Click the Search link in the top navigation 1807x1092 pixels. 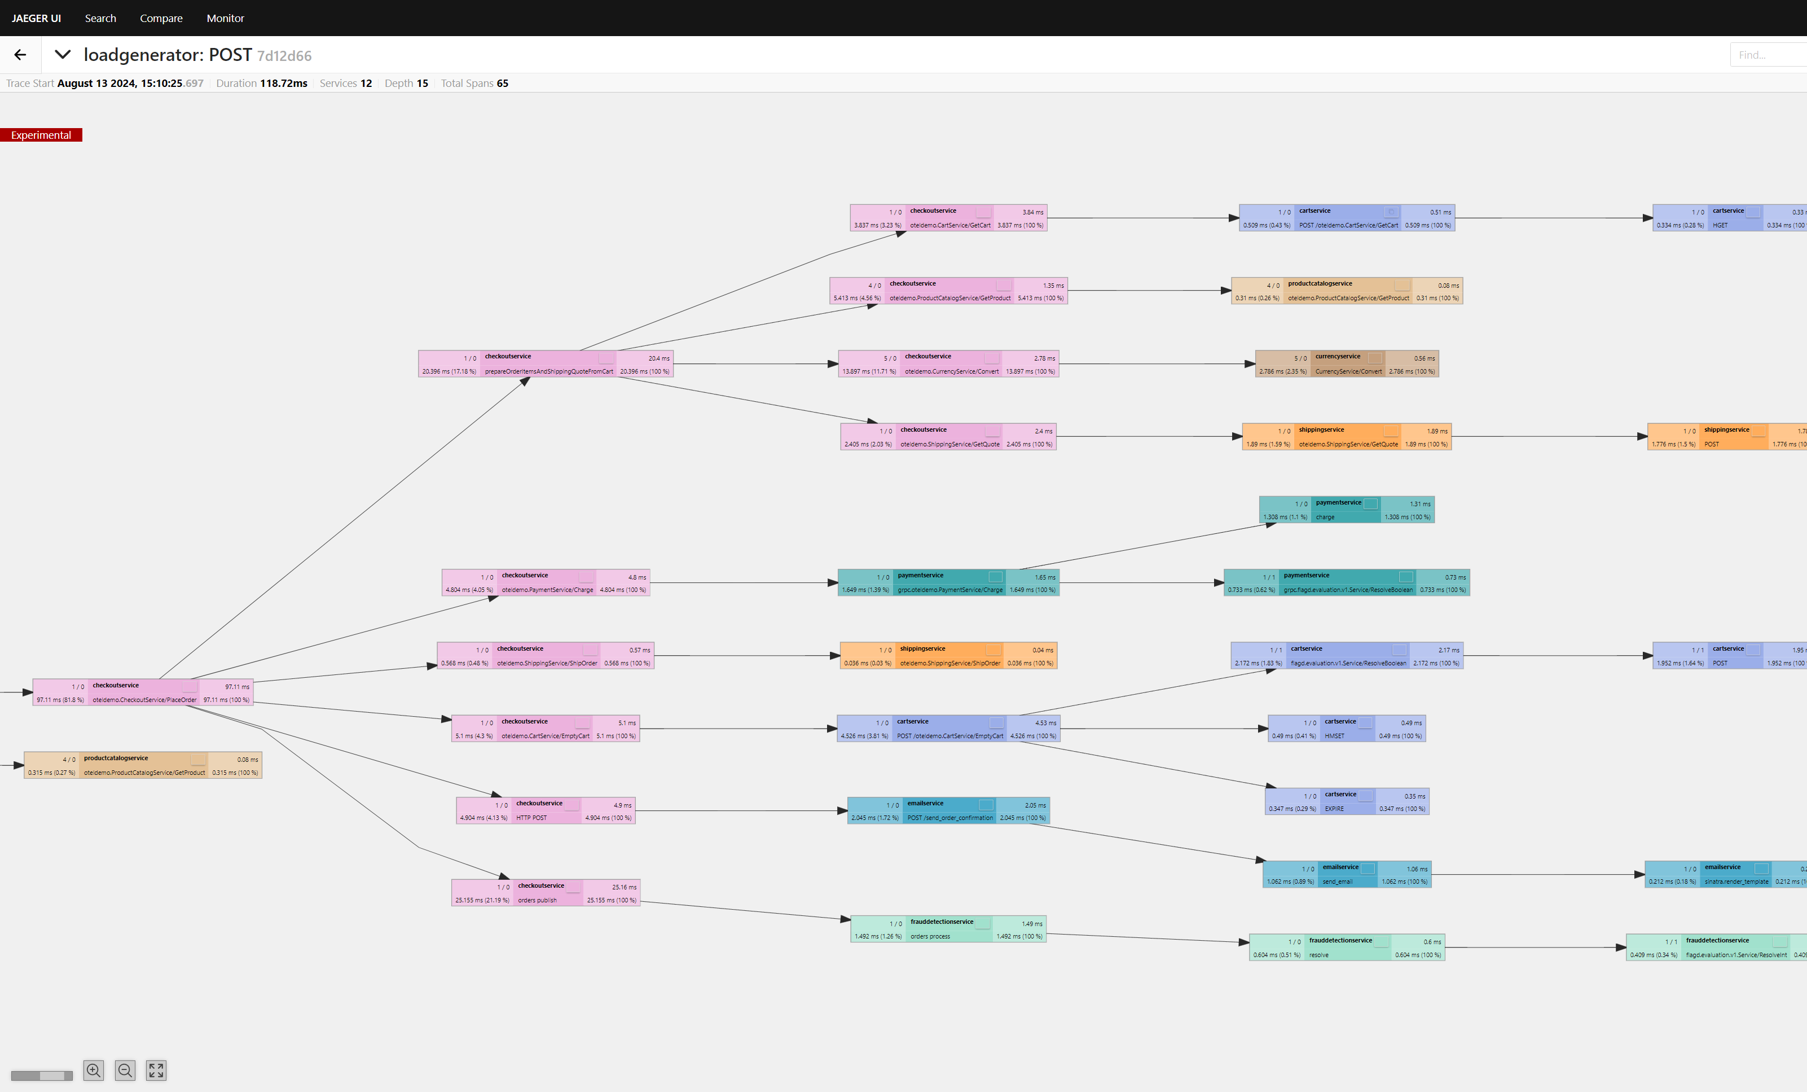click(100, 18)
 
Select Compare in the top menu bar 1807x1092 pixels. click(161, 18)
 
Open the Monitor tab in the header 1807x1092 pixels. click(225, 18)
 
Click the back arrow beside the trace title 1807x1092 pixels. click(20, 55)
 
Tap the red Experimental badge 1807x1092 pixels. click(41, 135)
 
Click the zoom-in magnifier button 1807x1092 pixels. click(94, 1071)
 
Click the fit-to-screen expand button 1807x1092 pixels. click(156, 1071)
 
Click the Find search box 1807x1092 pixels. click(1768, 55)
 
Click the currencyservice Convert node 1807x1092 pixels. click(1347, 364)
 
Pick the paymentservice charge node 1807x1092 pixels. click(1347, 510)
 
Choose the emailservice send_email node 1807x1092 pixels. click(1347, 874)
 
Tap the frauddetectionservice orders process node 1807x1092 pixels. click(947, 929)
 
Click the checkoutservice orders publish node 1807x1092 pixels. click(545, 893)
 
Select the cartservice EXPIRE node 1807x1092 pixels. click(1347, 801)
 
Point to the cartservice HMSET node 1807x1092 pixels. click(1347, 729)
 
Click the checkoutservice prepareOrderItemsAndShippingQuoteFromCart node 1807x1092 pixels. click(545, 364)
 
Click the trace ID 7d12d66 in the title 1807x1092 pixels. click(284, 56)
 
